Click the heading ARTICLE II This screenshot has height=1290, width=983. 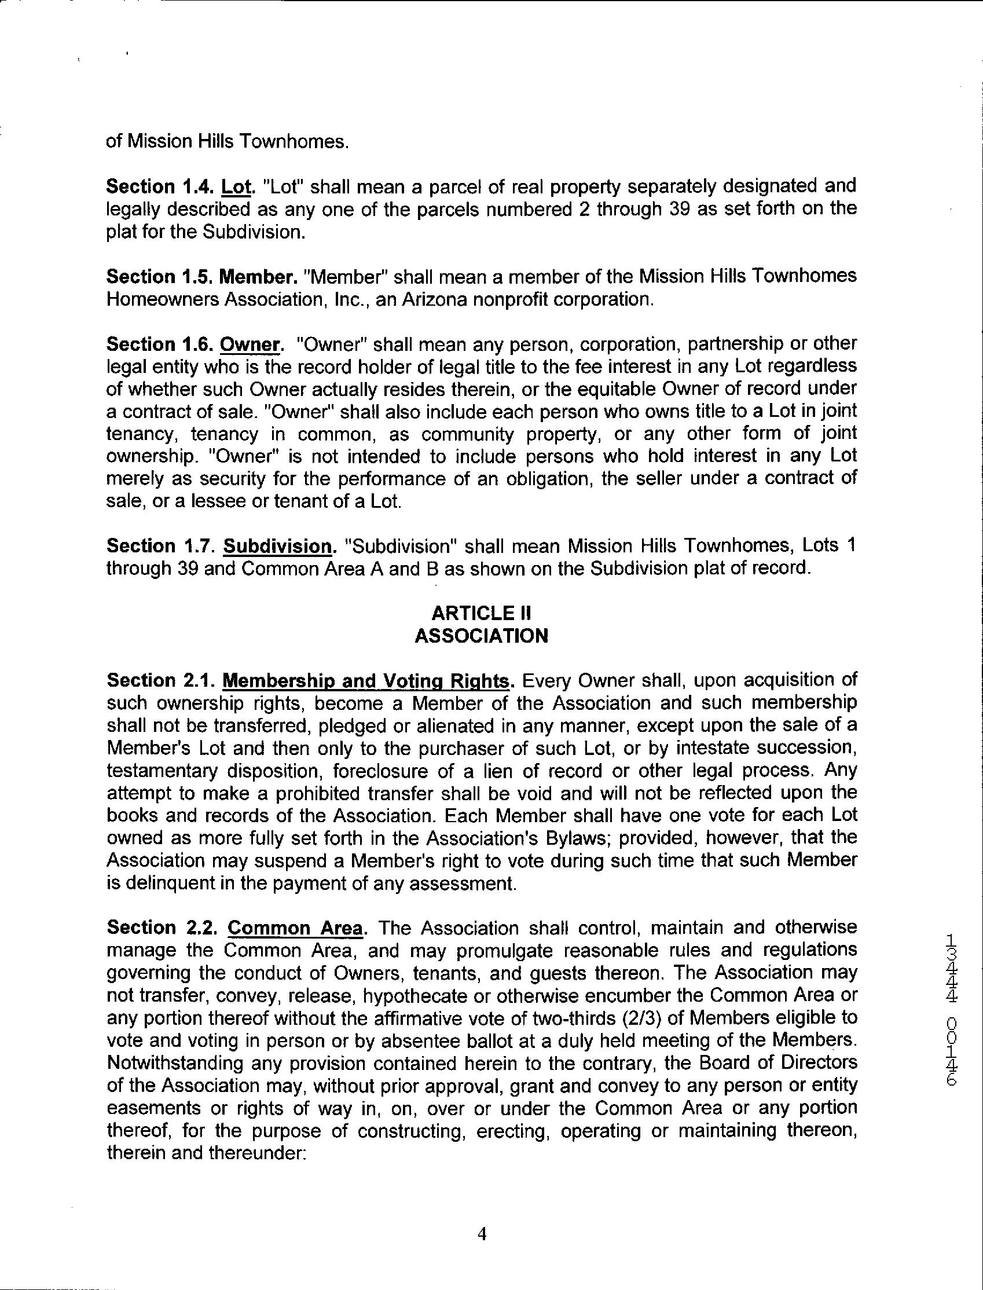point(481,613)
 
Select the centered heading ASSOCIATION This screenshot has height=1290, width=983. point(481,635)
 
